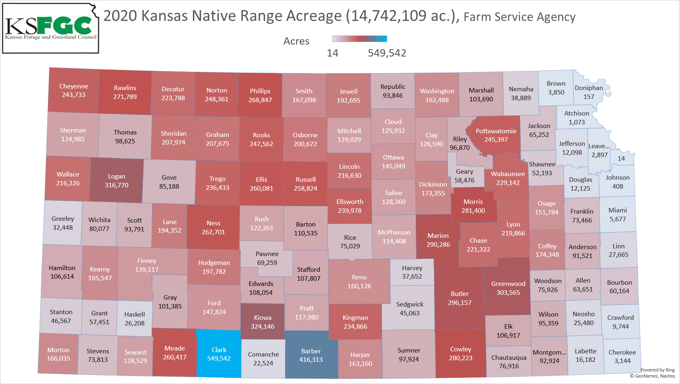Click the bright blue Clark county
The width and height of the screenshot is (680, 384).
[219, 354]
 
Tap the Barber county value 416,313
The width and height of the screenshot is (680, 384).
[311, 360]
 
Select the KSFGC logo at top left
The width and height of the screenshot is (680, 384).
[51, 28]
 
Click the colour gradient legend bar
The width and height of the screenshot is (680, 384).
[359, 39]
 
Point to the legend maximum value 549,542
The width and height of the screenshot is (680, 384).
[387, 53]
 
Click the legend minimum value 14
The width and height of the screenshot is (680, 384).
[333, 53]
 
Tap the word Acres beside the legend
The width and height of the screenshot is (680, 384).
[296, 41]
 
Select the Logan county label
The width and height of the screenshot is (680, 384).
[116, 176]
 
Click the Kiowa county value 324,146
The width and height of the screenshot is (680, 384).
[263, 327]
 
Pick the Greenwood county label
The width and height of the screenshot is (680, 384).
[508, 284]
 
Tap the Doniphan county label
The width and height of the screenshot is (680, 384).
[589, 88]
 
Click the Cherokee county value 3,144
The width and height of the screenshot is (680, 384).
[622, 361]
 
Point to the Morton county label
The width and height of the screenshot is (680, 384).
[59, 350]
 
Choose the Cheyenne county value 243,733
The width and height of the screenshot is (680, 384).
[74, 95]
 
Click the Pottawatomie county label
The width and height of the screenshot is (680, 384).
[496, 131]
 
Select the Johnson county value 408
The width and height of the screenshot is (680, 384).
[617, 187]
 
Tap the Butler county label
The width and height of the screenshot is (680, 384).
[460, 294]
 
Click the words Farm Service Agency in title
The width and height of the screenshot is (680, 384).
[519, 17]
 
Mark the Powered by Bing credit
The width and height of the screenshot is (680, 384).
[657, 370]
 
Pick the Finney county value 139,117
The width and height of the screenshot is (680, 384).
[147, 270]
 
